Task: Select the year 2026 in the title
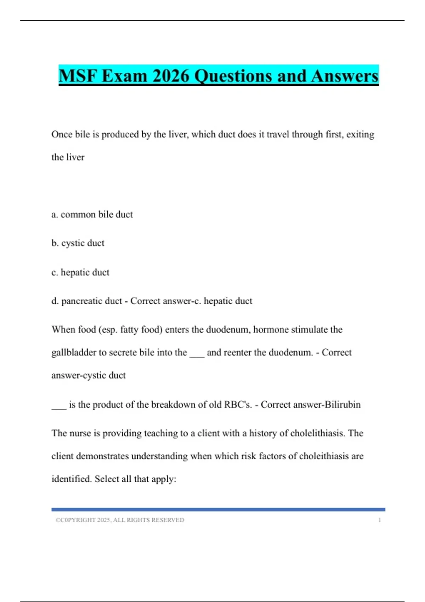pyautogui.click(x=171, y=76)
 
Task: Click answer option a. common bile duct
pyautogui.click(x=92, y=214)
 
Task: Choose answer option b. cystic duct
pyautogui.click(x=78, y=243)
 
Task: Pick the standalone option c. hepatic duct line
pyautogui.click(x=80, y=272)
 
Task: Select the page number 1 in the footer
pyautogui.click(x=379, y=520)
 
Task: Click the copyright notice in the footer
pyautogui.click(x=120, y=520)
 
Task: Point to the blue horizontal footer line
pyautogui.click(x=218, y=510)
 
